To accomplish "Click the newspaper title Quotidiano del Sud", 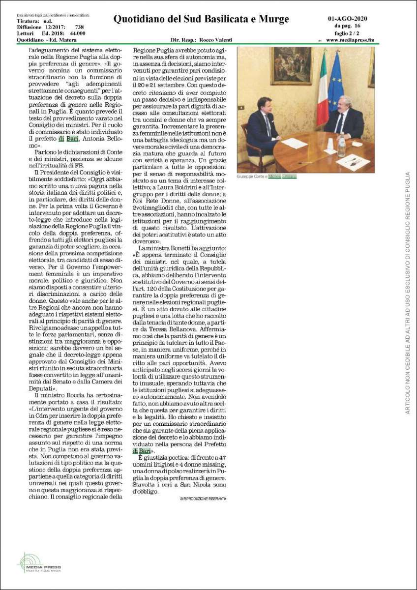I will [201, 19].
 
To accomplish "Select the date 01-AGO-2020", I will [347, 19].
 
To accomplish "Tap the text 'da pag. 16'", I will [347, 26].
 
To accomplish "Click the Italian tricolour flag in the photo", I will [323, 88].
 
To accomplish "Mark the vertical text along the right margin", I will [407, 293].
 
